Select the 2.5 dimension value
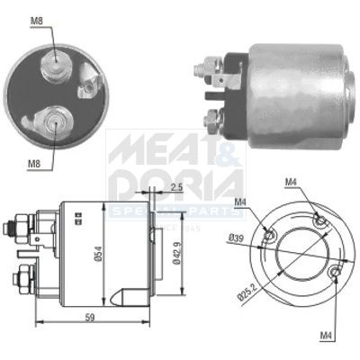point(176,187)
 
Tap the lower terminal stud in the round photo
point(52,121)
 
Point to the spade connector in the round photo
point(88,87)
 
